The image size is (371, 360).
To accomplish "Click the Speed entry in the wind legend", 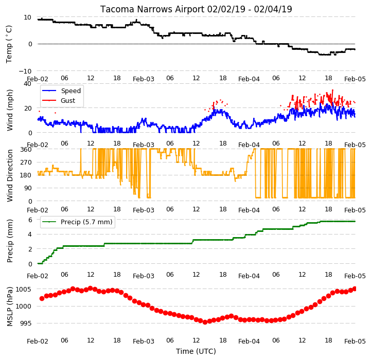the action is tap(70, 91).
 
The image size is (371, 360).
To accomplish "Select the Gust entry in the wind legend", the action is tap(68, 100).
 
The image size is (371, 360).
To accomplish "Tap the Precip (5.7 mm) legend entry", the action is tap(86, 222).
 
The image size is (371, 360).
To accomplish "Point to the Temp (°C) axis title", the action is tap(9, 44).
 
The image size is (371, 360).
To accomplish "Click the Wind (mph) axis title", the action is tap(10, 110).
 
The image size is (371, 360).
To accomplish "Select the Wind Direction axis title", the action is tap(10, 175).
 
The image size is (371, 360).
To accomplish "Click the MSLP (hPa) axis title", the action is tap(10, 307).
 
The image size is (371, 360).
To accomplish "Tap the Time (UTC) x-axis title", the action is tap(196, 351).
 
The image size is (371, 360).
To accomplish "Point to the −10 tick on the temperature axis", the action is tap(25, 71).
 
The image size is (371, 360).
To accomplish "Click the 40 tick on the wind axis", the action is tap(27, 84).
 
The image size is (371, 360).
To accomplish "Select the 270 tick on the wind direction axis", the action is tap(26, 163).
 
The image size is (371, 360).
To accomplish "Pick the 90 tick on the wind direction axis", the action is tap(28, 188).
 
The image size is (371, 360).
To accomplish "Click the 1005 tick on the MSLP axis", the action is tap(24, 289).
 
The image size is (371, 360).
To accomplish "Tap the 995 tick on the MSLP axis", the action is tap(25, 323).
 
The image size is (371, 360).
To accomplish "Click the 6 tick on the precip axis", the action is tap(30, 220).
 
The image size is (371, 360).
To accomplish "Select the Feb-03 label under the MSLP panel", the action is tap(144, 341).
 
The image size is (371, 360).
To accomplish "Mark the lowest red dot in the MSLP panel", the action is tap(205, 322).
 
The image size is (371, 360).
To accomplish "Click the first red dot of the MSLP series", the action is tap(42, 298).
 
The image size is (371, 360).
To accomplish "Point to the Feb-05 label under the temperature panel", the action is tap(355, 79).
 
